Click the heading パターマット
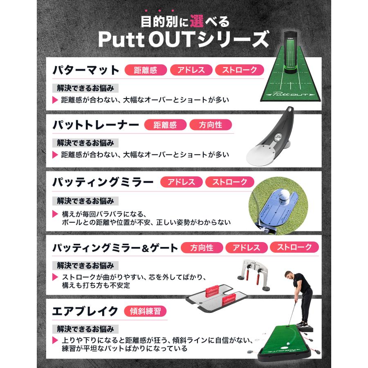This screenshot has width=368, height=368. (x=85, y=70)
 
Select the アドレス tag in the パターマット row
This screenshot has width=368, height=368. (x=191, y=70)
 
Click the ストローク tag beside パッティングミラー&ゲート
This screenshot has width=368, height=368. (x=294, y=247)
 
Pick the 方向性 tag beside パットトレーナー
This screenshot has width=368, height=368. (x=211, y=125)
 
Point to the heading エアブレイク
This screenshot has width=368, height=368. (x=85, y=311)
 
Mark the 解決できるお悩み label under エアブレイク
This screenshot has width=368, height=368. (x=85, y=329)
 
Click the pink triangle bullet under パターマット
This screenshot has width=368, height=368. (x=55, y=99)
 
